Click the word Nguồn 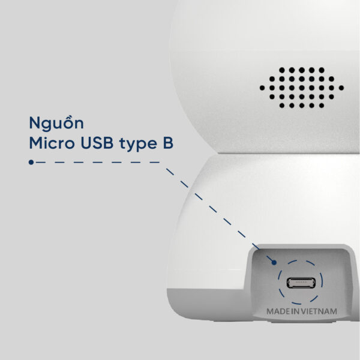pyautogui.click(x=56, y=124)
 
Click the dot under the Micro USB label pyautogui.click(x=31, y=162)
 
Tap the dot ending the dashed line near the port pyautogui.click(x=273, y=262)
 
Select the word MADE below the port pyautogui.click(x=278, y=312)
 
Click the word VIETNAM pyautogui.click(x=320, y=312)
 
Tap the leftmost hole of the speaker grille pyautogui.click(x=262, y=88)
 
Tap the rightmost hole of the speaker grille pyautogui.click(x=341, y=88)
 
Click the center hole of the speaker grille pyautogui.click(x=302, y=88)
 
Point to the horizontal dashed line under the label pyautogui.click(x=96, y=162)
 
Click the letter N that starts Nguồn pyautogui.click(x=34, y=124)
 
